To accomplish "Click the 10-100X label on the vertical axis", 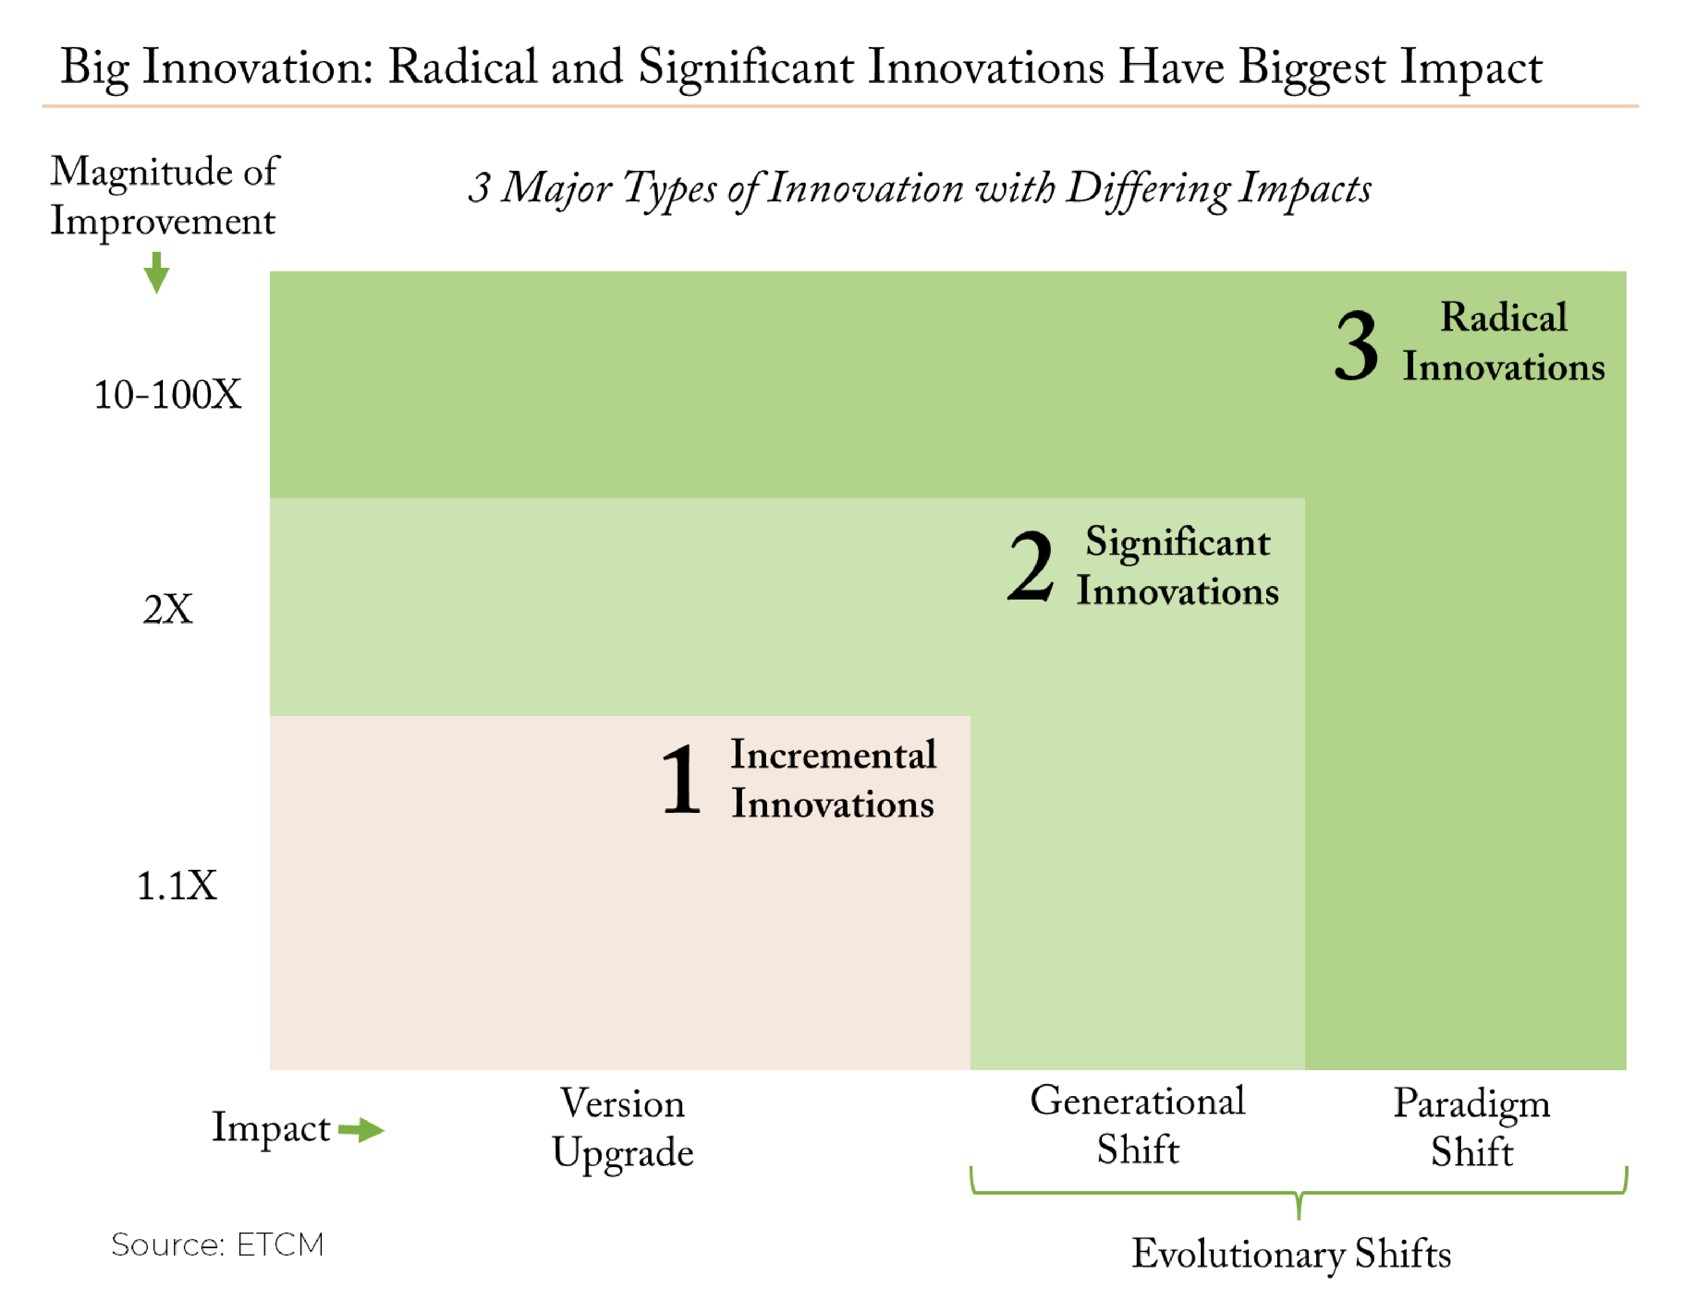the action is (167, 395).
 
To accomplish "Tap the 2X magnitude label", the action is (167, 609).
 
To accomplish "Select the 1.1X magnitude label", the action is (177, 886).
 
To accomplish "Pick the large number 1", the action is (681, 779).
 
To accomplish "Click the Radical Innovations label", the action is (1503, 341).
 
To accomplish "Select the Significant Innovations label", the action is (1178, 566).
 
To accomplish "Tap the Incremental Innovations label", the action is (834, 779).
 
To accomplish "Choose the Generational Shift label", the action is (1138, 1125).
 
